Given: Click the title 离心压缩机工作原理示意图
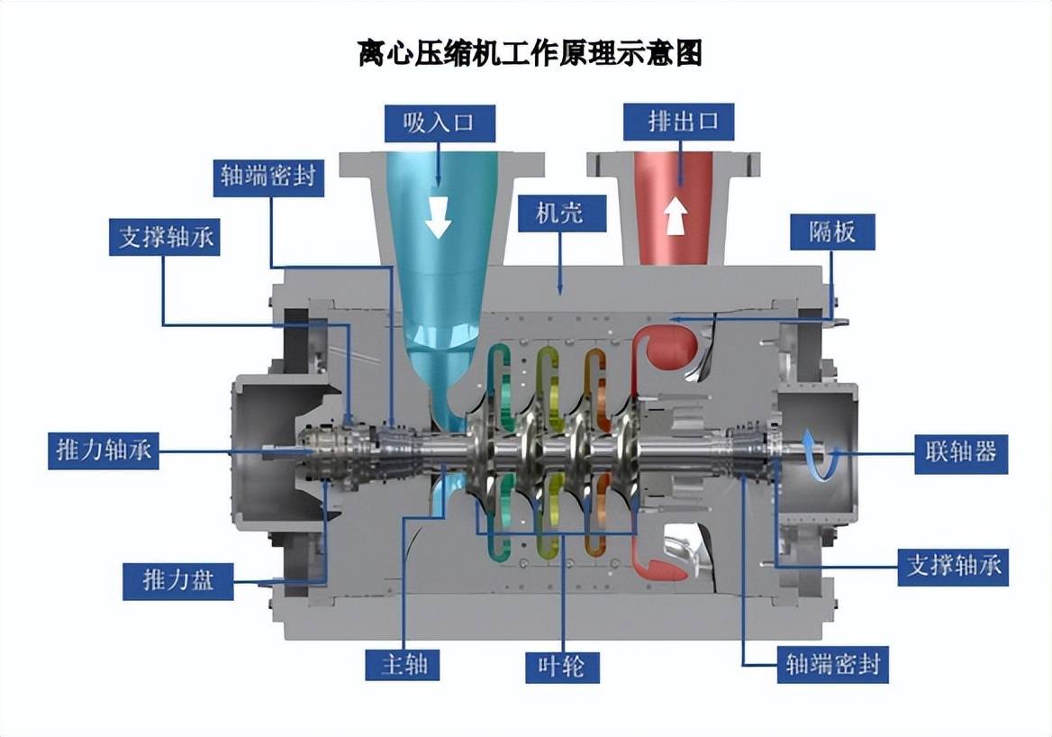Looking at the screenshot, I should pos(530,54).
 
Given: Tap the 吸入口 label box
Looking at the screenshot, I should pos(439,123).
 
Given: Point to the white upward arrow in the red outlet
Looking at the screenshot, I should pos(676,217).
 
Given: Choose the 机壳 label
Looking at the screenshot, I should pos(561,213).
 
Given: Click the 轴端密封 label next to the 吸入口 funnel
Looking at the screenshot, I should pos(268,176).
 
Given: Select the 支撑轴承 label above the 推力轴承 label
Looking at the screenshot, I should pos(165,237).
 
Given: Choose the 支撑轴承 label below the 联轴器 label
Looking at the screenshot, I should pos(954,566).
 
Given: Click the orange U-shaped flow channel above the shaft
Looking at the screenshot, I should pos(594,378).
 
